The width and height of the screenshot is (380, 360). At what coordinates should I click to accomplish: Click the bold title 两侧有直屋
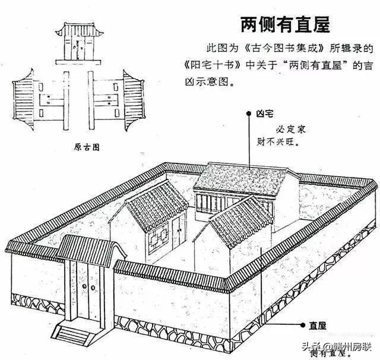pyautogui.click(x=284, y=24)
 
